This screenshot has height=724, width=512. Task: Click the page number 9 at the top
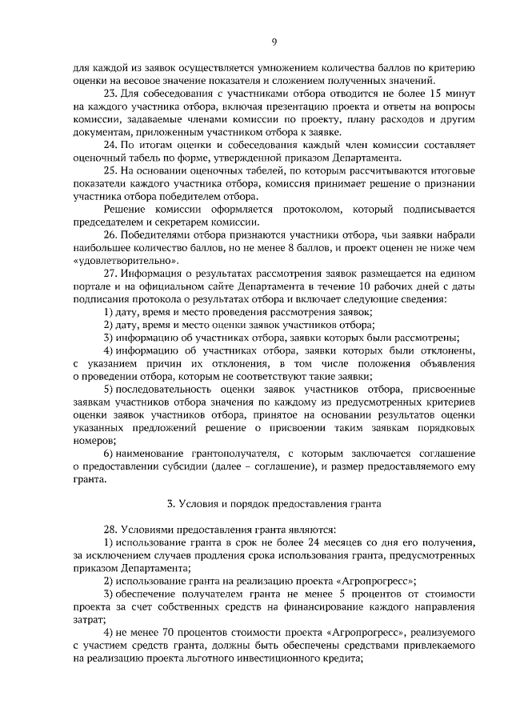click(x=274, y=42)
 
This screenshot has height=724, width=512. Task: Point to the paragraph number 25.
click(x=112, y=170)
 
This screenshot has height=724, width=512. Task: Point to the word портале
click(x=90, y=286)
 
